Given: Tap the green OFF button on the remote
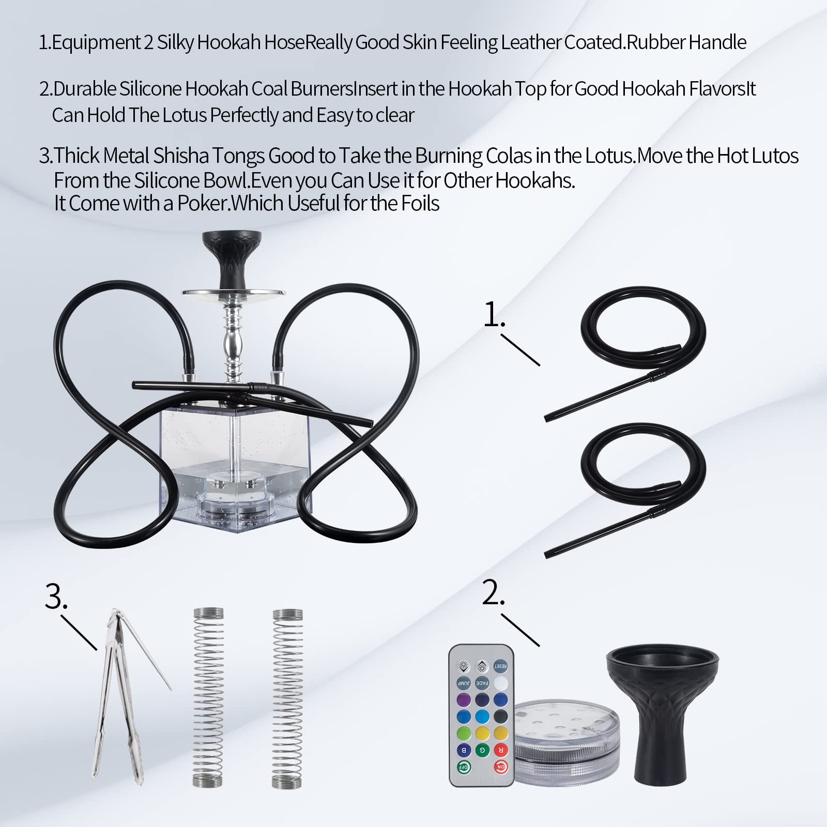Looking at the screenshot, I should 464,767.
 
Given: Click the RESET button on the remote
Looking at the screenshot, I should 500,666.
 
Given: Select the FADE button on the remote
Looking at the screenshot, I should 482,683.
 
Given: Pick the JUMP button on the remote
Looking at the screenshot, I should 464,683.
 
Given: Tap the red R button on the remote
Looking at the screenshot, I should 500,750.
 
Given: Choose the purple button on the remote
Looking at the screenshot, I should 464,700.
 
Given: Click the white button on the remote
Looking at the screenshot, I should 500,683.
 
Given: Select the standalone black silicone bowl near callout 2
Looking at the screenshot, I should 662,713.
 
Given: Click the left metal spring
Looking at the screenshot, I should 208,698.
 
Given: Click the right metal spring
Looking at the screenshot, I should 287,698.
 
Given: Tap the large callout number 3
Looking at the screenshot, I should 56,596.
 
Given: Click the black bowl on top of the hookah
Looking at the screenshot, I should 232,258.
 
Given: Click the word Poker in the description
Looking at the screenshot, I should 203,204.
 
